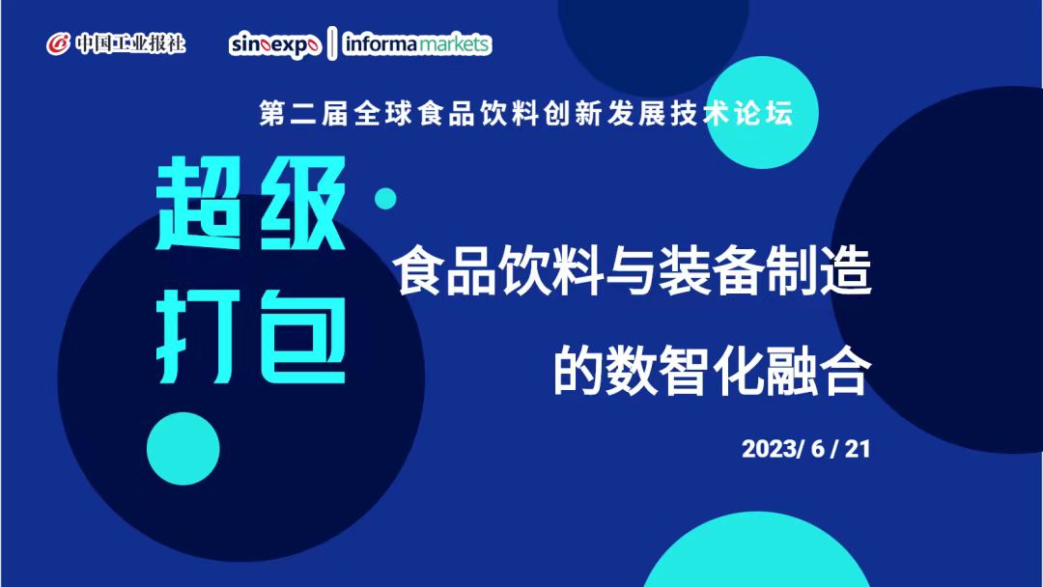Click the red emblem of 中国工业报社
click(58, 44)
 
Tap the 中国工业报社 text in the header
click(130, 44)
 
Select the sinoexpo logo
click(275, 45)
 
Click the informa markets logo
click(417, 43)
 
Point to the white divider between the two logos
click(332, 43)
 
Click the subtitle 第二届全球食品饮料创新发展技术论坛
click(526, 114)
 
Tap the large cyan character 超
click(198, 204)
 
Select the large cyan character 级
click(302, 204)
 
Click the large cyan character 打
click(198, 338)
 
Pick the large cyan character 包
click(302, 338)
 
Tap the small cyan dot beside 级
click(385, 198)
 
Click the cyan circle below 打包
click(183, 449)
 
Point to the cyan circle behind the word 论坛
click(762, 112)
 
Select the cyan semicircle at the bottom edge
click(756, 553)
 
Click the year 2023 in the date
click(770, 449)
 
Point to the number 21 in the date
click(858, 449)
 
